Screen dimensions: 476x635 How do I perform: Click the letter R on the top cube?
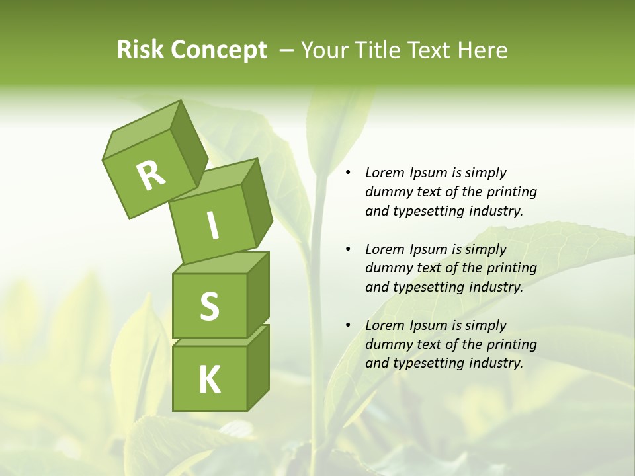(151, 175)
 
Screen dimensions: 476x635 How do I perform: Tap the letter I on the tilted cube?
(212, 226)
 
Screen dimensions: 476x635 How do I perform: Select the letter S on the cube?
(209, 306)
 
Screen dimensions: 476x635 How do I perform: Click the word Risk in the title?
(141, 50)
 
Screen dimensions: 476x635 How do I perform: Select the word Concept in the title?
(219, 50)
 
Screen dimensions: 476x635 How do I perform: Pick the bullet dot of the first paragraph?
(348, 173)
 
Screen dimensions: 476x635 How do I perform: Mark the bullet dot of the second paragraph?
(348, 250)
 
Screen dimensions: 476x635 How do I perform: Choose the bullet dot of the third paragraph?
(348, 326)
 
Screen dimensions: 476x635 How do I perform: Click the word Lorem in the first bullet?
(384, 173)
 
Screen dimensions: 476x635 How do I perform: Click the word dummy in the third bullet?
(387, 344)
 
